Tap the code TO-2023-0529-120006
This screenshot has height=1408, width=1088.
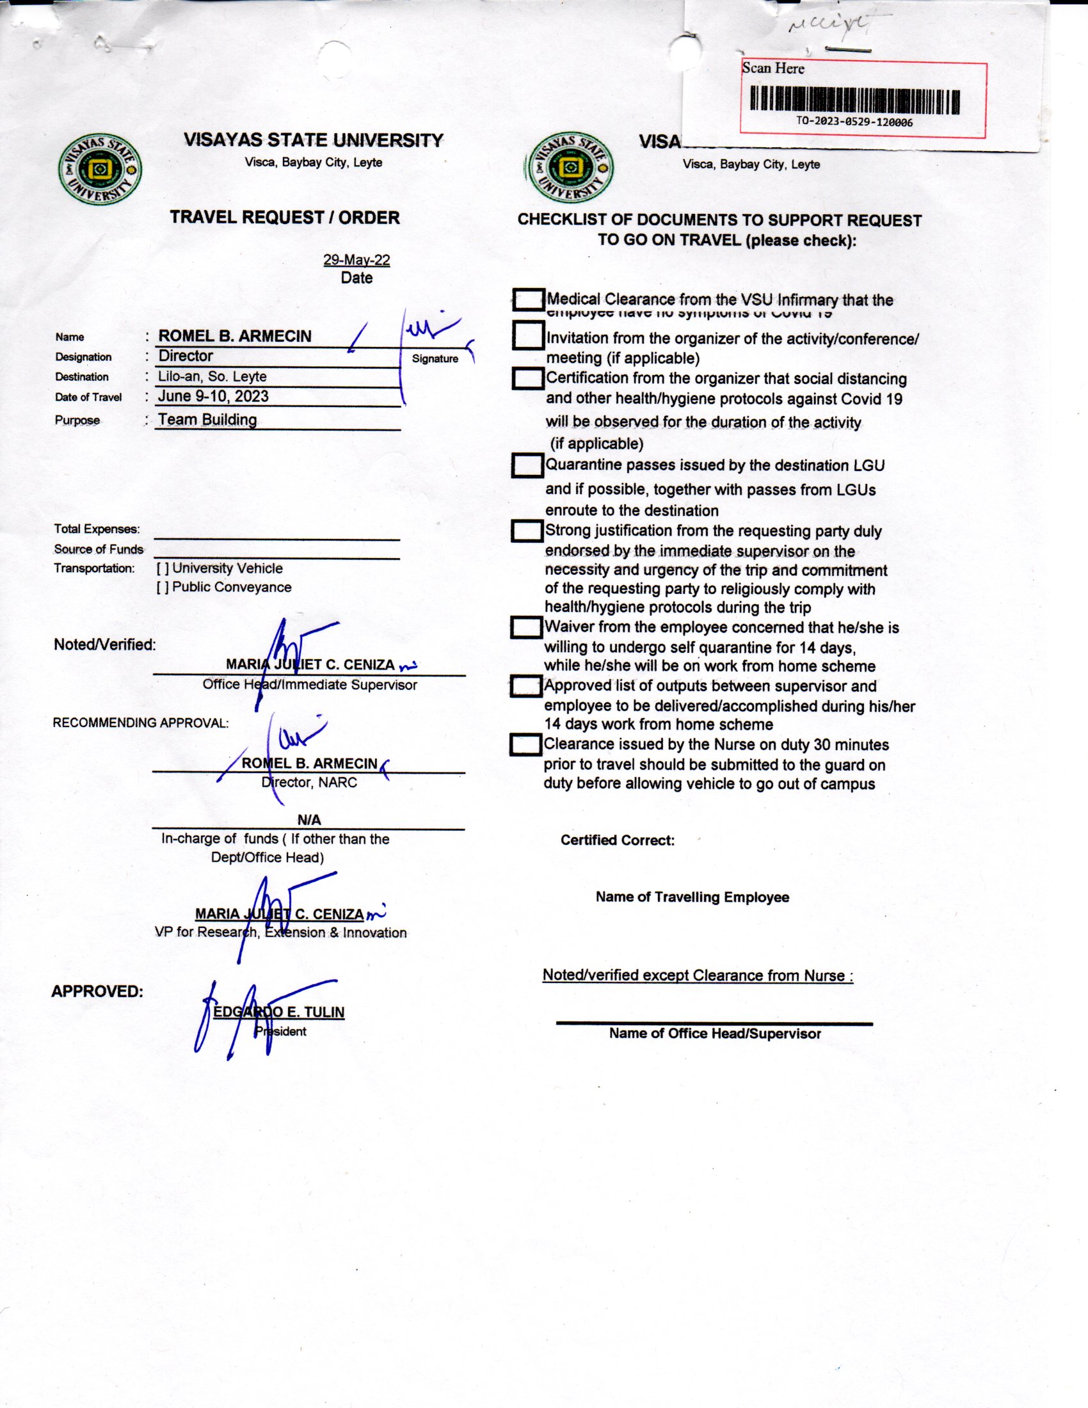(854, 122)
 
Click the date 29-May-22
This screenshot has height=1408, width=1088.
(356, 260)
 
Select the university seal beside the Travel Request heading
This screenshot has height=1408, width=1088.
(100, 170)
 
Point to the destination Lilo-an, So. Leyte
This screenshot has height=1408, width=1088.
(212, 376)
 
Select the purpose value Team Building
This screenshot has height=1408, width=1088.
(207, 420)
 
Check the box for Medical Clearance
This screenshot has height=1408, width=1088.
(529, 300)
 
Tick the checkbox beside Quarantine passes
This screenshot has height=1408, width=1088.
(527, 465)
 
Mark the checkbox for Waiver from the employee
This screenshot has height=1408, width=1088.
(526, 627)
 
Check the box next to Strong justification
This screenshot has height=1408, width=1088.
(527, 531)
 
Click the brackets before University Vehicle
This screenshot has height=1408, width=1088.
(163, 568)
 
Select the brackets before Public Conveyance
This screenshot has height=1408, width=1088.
(163, 588)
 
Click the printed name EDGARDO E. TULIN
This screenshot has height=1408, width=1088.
(279, 1012)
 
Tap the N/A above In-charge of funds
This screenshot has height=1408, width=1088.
(308, 820)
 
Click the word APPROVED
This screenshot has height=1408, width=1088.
(97, 991)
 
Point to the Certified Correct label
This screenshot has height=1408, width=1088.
(618, 840)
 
